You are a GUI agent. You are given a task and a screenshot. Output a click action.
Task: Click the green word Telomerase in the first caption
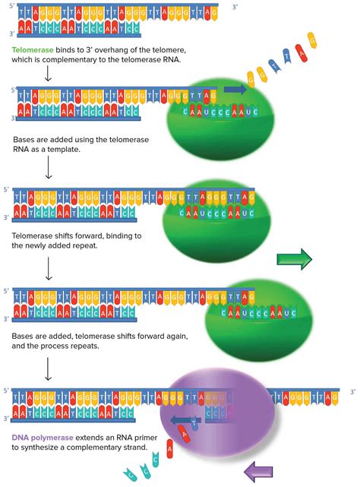[33, 51]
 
